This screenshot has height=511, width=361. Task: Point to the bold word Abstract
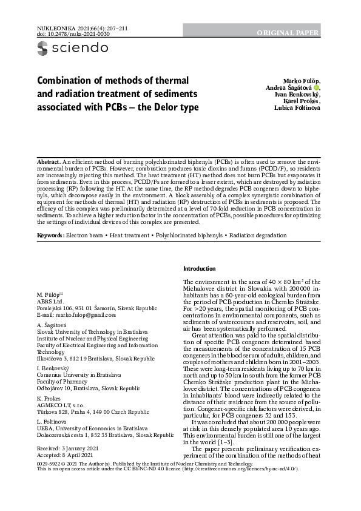point(49,163)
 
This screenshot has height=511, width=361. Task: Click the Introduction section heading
point(199,269)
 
